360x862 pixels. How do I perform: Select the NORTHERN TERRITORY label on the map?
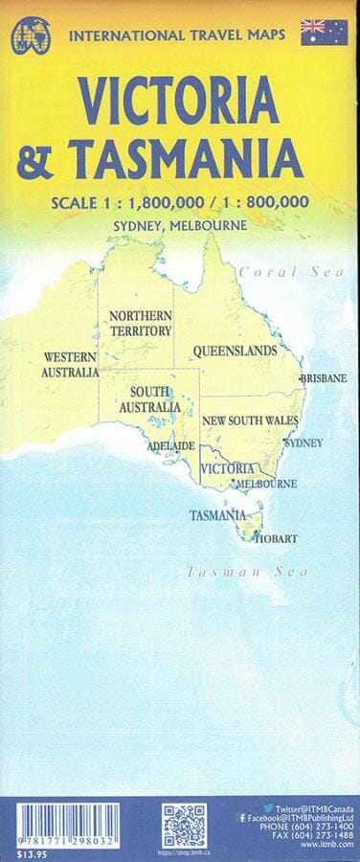coord(140,324)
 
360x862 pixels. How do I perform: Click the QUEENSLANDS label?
coord(235,352)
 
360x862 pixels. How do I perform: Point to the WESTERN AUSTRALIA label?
coord(71,365)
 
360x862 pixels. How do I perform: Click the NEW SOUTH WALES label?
coord(249,420)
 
